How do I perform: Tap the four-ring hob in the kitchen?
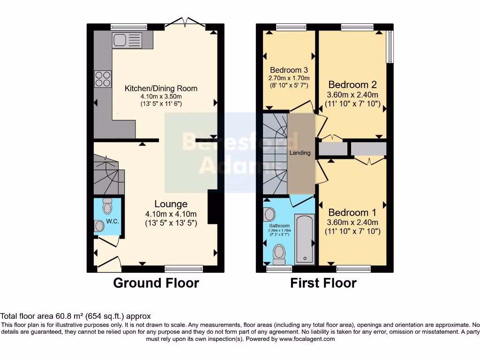pos(103,78)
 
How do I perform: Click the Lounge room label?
pos(171,204)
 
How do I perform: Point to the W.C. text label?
pos(112,221)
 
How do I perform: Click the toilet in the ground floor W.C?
pos(107,207)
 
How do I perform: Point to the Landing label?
pos(300,153)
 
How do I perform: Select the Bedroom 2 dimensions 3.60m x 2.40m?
pos(352,95)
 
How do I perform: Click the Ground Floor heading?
pos(156,283)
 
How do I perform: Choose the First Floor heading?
pos(323,283)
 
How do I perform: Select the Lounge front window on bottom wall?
pos(184,269)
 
